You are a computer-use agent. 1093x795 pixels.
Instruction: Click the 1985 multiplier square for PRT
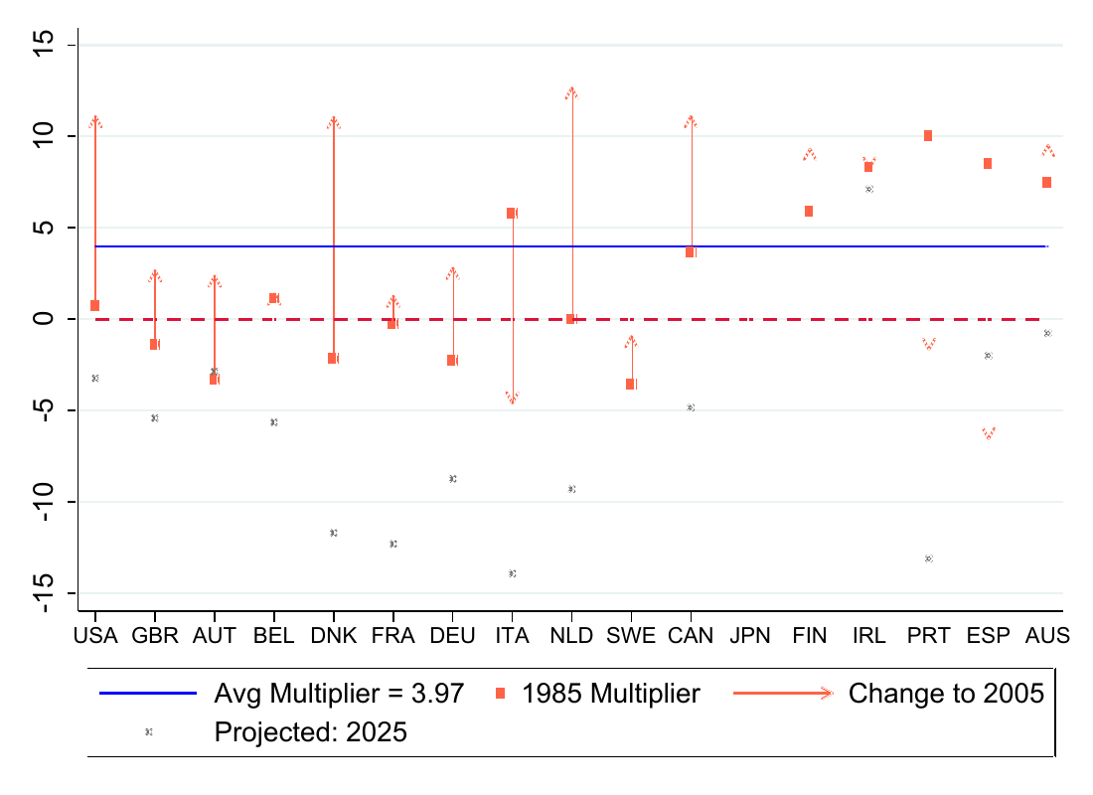tap(928, 135)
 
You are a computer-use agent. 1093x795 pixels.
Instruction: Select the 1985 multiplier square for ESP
tap(988, 163)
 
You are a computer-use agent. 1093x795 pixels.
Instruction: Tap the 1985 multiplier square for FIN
tap(809, 211)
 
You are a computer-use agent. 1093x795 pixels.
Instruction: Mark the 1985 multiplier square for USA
tap(95, 305)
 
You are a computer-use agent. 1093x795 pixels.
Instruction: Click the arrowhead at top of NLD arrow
tap(571, 92)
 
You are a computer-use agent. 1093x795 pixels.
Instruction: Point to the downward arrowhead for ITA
tap(512, 397)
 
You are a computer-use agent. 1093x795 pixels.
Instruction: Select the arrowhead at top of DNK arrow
tap(334, 121)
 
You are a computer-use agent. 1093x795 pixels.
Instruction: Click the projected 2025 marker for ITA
tap(512, 573)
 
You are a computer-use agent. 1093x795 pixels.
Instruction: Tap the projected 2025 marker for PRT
tap(928, 558)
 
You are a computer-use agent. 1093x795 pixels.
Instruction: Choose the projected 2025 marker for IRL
tap(868, 189)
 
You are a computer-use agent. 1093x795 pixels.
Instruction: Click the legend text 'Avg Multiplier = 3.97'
tap(339, 694)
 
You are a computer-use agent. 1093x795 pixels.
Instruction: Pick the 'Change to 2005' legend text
tap(946, 694)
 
